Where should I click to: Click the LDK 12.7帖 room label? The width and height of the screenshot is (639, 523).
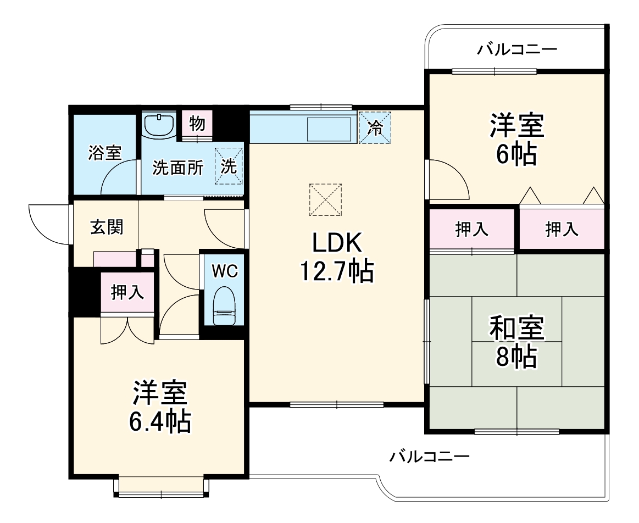[x=336, y=257]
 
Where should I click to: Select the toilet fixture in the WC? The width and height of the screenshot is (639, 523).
[x=224, y=307]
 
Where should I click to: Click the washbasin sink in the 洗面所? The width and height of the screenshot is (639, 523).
[x=158, y=125]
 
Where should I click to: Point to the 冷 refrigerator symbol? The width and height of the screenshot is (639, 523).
[x=375, y=127]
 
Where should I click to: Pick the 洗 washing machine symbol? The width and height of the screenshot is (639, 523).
[x=229, y=165]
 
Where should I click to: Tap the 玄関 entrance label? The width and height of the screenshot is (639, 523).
[x=107, y=226]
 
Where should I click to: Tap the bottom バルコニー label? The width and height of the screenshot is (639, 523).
[x=429, y=456]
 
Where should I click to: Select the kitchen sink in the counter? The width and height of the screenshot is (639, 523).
[x=329, y=130]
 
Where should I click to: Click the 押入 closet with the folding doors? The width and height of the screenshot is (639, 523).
[x=562, y=229]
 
